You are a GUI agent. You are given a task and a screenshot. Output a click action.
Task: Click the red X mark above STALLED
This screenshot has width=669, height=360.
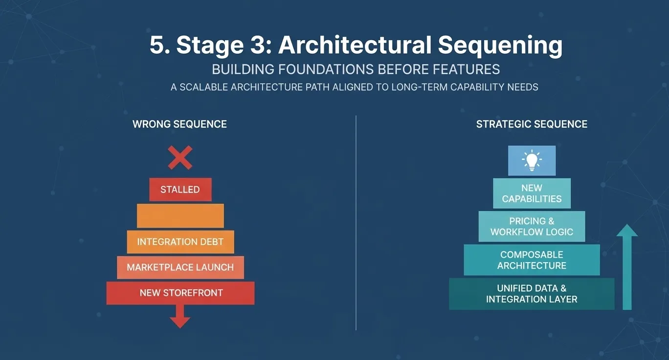point(180,157)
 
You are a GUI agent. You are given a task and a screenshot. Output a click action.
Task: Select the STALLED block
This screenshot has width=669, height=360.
point(180,189)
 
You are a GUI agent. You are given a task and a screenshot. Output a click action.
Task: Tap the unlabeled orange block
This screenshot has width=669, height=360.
point(180,216)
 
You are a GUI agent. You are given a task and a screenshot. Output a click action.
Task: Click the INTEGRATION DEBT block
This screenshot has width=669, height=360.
point(180,242)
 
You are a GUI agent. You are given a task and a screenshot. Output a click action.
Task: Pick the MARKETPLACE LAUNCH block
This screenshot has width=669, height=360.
point(180,268)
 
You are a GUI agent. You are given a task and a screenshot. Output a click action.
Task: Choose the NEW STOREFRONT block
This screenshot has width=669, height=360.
point(180,293)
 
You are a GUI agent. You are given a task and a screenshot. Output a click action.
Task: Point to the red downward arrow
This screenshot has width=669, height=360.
point(180,316)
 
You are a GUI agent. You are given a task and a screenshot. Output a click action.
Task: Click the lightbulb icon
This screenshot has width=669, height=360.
point(532,160)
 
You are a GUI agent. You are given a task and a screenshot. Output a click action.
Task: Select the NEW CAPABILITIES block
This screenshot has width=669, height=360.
point(532,193)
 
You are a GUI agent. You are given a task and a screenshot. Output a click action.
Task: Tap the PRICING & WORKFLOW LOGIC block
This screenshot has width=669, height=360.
point(532,226)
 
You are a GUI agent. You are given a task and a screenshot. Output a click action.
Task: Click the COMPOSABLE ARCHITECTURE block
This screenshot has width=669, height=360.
point(532,260)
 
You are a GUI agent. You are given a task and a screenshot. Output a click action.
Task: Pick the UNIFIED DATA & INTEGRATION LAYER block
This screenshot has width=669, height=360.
point(532,293)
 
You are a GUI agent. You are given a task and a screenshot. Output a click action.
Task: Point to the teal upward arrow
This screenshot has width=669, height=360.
point(627,267)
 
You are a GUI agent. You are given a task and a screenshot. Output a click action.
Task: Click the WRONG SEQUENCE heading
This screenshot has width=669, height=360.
point(179,124)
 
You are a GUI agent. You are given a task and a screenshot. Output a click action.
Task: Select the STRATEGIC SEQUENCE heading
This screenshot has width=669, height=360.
point(532,124)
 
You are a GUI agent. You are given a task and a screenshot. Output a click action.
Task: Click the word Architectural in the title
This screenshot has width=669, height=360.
point(355,45)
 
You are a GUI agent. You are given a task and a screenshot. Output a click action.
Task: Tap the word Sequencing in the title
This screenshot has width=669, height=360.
point(500,46)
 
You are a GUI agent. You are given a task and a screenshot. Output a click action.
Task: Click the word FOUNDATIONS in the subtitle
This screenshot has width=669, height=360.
point(326,69)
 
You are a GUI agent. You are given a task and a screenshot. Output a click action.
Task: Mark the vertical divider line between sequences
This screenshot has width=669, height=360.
point(356,223)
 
